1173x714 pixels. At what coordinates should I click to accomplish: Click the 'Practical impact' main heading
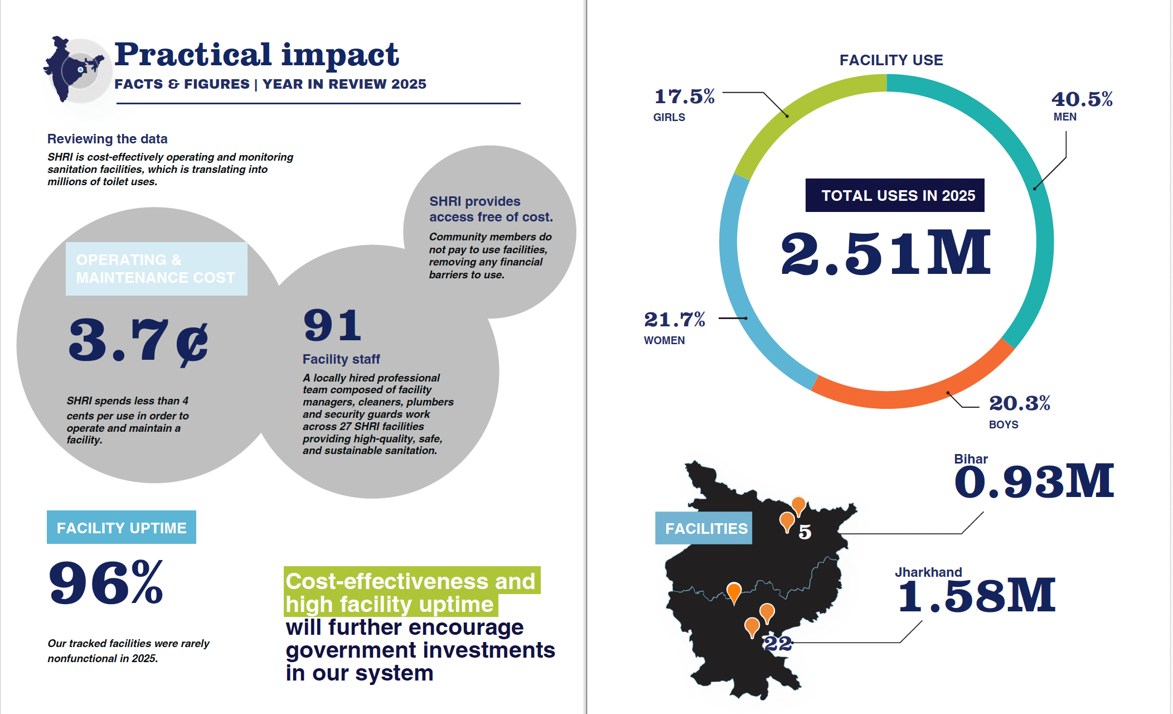pos(256,55)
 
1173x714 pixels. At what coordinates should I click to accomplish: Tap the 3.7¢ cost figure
pos(138,340)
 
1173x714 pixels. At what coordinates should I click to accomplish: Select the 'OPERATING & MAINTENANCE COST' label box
pos(156,269)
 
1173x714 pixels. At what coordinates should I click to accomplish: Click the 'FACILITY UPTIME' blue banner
pos(122,527)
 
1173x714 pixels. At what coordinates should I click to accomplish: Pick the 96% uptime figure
pos(106,583)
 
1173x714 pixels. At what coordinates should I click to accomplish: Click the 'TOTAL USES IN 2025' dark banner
pos(895,195)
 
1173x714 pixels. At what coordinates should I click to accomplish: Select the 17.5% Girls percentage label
pos(684,97)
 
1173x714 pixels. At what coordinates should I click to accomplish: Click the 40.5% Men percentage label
pos(1082,100)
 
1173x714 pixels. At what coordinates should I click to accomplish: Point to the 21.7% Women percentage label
pos(675,320)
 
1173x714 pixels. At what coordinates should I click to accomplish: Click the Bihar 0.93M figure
pos(1034,482)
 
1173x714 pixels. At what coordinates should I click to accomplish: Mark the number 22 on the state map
pos(777,644)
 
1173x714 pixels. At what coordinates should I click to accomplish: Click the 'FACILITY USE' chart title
pos(891,60)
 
